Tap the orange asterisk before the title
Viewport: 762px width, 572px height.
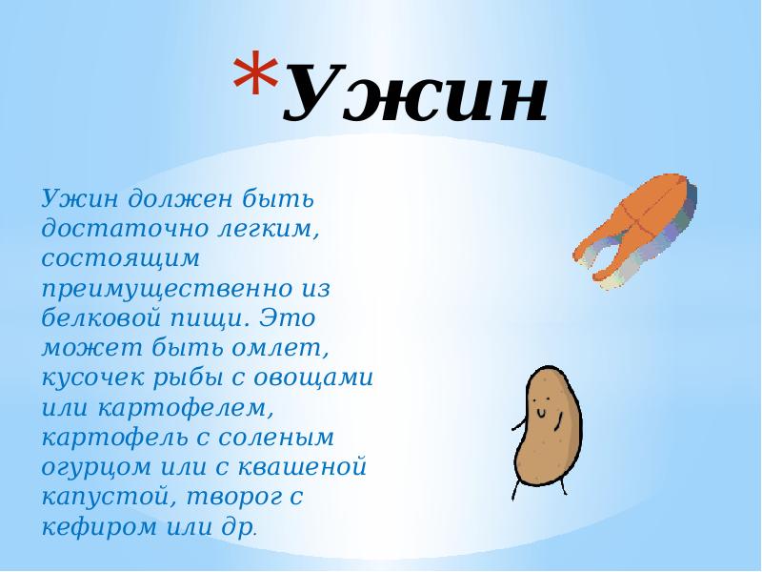254,80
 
